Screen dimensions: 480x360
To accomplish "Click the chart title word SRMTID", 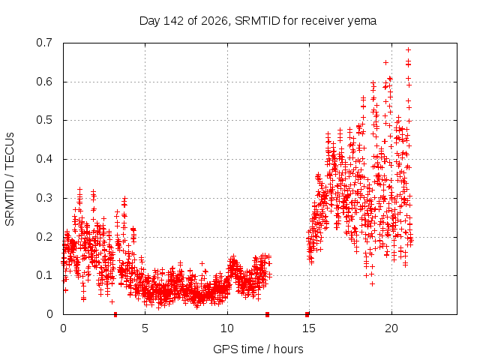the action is [257, 21].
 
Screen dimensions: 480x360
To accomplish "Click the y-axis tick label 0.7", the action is [44, 43].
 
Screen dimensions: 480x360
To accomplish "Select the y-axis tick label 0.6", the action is [44, 82].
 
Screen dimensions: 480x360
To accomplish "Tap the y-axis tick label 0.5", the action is [44, 120].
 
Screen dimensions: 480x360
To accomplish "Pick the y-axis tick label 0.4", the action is [44, 159].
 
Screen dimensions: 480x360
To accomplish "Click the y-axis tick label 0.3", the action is [44, 198].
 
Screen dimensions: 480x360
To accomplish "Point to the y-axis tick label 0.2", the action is [44, 237].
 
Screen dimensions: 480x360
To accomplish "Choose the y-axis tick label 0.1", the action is [44, 275].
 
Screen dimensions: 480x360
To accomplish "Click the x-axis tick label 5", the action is [145, 328].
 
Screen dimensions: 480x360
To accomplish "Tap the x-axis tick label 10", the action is [227, 328].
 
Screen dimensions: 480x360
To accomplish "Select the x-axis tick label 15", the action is [309, 328].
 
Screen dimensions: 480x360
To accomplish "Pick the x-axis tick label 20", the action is [391, 328].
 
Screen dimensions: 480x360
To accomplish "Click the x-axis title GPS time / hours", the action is [258, 349].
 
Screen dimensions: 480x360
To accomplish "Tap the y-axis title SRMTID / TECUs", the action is [10, 179].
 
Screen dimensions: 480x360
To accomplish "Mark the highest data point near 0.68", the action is [408, 50].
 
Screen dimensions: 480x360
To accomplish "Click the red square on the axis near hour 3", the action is [115, 314].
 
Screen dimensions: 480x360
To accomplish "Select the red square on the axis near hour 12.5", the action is [267, 314].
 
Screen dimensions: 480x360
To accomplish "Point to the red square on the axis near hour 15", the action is [307, 314].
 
